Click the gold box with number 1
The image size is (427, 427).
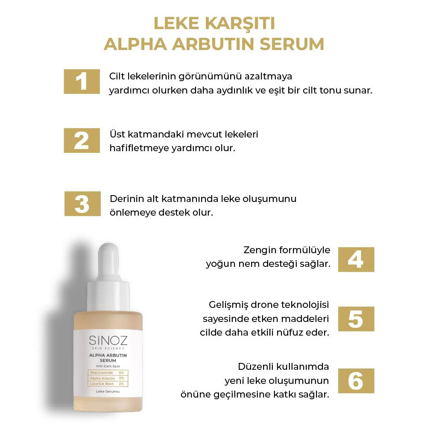[x=82, y=81]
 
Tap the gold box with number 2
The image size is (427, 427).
[x=82, y=140]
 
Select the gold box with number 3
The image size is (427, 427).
[x=82, y=204]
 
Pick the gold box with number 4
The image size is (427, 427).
[x=356, y=259]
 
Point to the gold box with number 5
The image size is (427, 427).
[x=356, y=319]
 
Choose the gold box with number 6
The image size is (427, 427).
[x=356, y=380]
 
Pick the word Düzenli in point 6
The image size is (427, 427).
[x=255, y=367]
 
